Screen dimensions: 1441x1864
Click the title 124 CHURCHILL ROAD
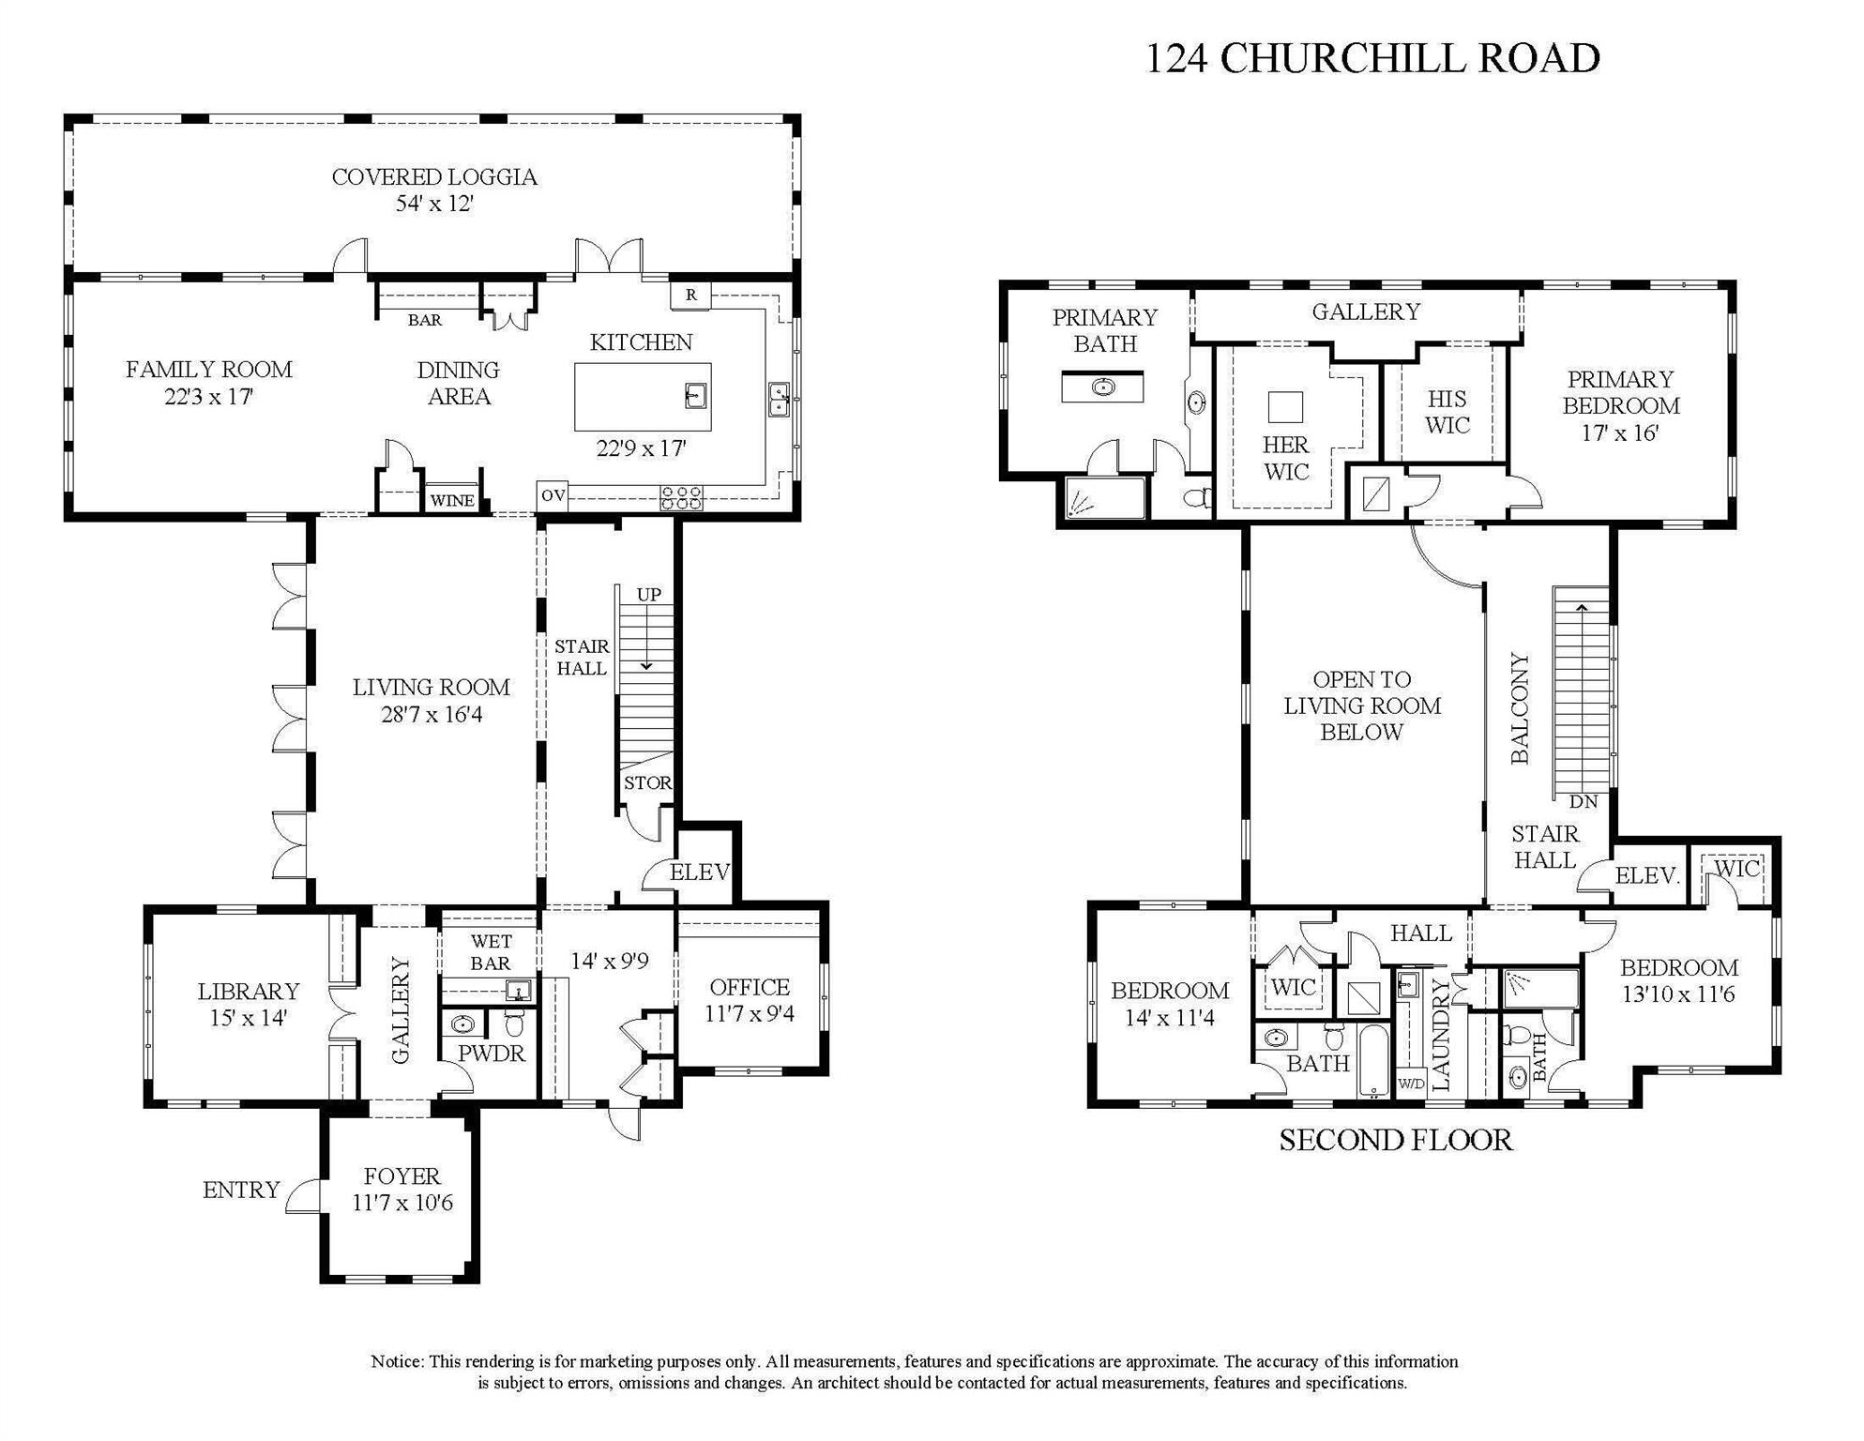pos(1372,58)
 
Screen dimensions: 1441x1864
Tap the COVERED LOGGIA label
pos(434,177)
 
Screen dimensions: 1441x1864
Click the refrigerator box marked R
pos(690,295)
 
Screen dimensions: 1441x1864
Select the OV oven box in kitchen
pos(553,494)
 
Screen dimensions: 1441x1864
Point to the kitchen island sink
pos(695,395)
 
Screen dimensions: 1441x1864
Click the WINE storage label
pos(452,501)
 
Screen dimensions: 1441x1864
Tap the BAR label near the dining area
pos(424,320)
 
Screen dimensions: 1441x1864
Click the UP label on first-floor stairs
pos(649,594)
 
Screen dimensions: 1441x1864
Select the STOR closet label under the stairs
pos(647,782)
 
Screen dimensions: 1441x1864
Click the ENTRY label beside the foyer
pos(241,1190)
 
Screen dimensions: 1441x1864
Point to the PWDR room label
pos(492,1054)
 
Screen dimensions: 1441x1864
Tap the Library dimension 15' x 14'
pos(248,1018)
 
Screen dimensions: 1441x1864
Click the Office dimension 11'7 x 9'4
pos(750,1014)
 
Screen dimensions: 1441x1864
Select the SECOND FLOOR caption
pos(1396,1141)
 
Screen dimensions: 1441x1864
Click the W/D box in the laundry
pos(1411,1084)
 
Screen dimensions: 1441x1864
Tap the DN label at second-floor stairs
pos(1584,801)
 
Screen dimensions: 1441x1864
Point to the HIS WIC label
pos(1447,412)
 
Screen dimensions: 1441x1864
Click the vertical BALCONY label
pos(1521,708)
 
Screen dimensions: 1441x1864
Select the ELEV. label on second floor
pos(1647,876)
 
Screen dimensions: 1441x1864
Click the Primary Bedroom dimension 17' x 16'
pos(1620,432)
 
